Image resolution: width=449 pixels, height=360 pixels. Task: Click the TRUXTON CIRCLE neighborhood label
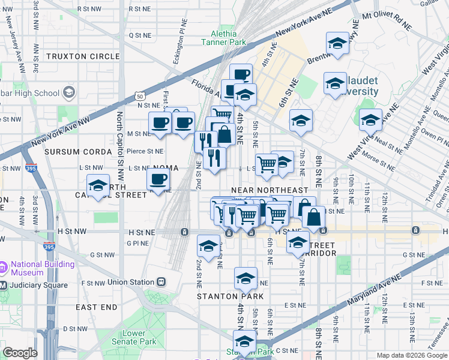pyautogui.click(x=83, y=56)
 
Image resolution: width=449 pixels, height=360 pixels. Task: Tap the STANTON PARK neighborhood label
pyautogui.click(x=230, y=296)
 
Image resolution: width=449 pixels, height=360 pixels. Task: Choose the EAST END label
pyautogui.click(x=97, y=307)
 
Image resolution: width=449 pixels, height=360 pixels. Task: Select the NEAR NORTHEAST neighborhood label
pyautogui.click(x=273, y=190)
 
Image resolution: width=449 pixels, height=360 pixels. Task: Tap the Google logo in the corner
pyautogui.click(x=20, y=353)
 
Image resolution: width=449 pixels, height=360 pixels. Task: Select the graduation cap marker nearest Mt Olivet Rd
pyautogui.click(x=338, y=43)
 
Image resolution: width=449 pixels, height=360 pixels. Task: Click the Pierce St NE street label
pyautogui.click(x=147, y=151)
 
